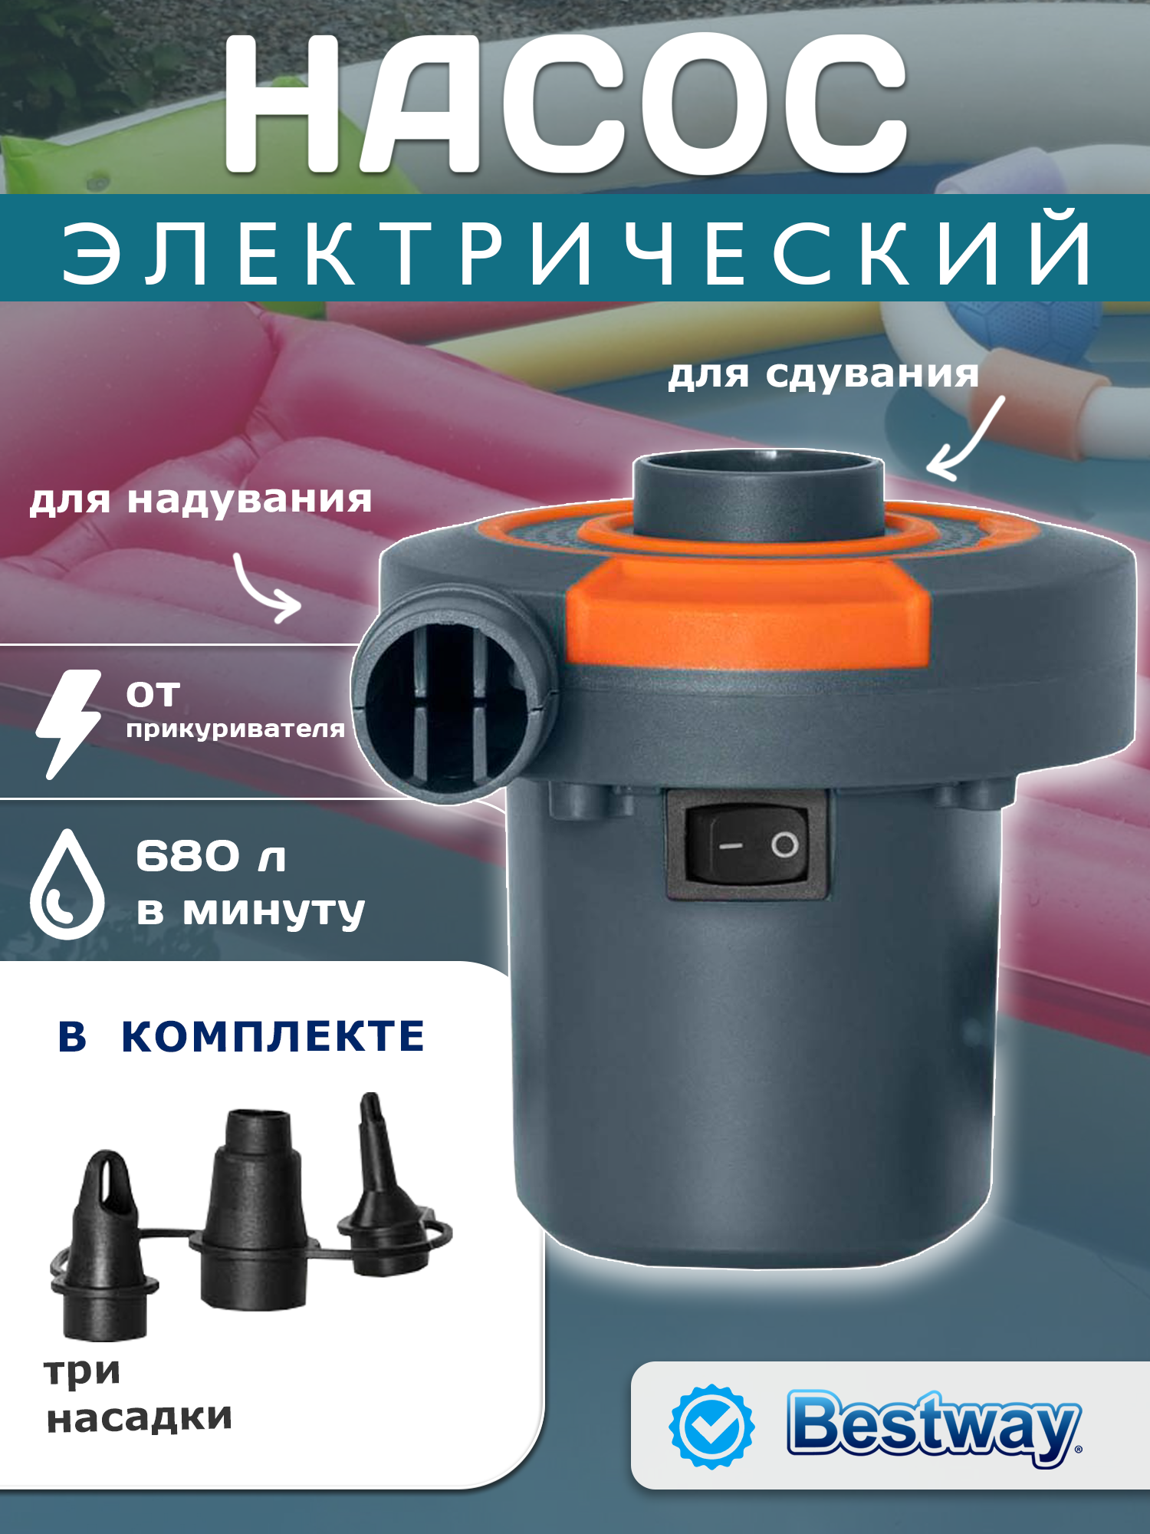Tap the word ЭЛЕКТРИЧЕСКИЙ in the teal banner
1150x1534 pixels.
(577, 250)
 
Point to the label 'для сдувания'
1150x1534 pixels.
(823, 375)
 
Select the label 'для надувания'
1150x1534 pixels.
(201, 500)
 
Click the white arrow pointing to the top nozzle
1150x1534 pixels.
(965, 440)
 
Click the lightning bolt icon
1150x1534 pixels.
(69, 723)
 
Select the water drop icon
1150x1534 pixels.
(67, 885)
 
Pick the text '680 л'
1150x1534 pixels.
(211, 856)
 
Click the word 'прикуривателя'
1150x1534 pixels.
(235, 729)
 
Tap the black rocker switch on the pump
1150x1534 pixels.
(747, 844)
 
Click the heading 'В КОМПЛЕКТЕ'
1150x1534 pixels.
(241, 1036)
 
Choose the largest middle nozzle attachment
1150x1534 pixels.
(253, 1212)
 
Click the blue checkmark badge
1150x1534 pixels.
(711, 1427)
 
